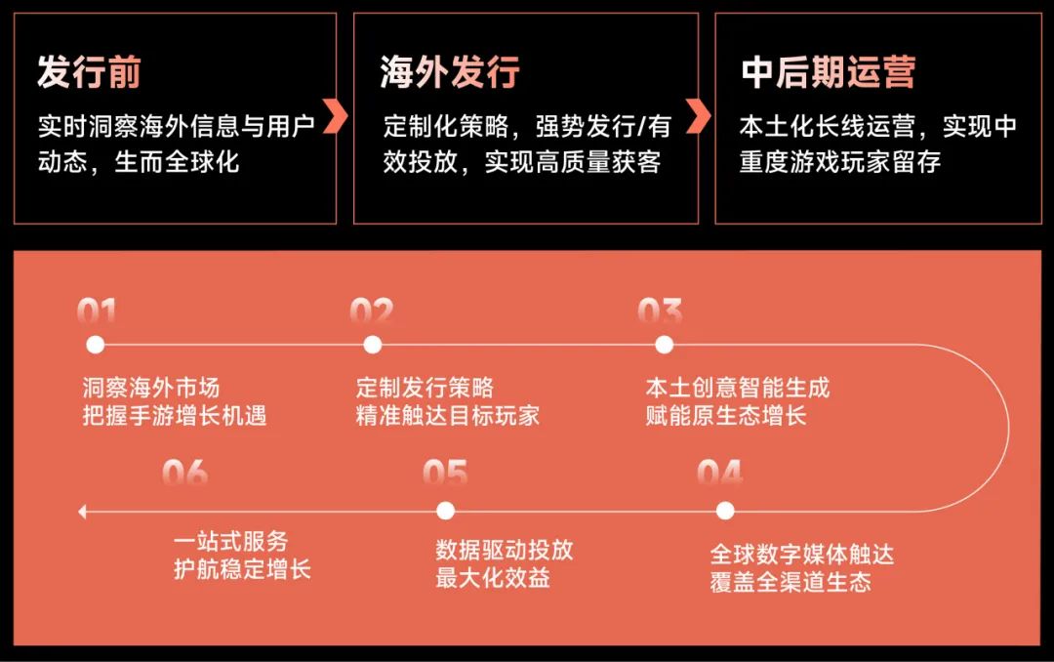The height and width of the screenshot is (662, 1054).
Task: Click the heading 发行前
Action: pos(89,72)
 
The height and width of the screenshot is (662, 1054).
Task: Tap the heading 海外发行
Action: pos(450,72)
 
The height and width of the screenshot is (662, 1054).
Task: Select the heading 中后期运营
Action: pos(829,72)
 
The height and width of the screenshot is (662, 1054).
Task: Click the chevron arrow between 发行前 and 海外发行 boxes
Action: pos(335,116)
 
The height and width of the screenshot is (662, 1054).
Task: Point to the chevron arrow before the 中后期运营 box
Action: pos(699,116)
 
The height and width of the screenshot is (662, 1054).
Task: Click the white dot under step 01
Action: pos(96,345)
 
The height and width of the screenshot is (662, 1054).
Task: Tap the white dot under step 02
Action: pos(373,345)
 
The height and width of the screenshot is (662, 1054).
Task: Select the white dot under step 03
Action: pos(665,345)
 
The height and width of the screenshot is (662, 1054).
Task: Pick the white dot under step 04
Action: pos(725,512)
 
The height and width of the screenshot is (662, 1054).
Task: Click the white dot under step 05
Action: pos(446,512)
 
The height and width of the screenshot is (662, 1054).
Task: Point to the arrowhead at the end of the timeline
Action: pos(82,512)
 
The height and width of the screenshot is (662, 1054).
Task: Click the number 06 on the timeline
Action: pos(184,473)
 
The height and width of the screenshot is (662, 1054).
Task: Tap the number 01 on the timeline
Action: pos(97,311)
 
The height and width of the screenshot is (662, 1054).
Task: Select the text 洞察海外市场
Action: pos(151,388)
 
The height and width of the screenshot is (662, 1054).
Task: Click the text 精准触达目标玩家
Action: pos(448,416)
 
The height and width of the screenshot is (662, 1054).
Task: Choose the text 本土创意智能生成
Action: pos(738,388)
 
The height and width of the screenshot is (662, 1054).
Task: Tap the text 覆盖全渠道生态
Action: pos(790,582)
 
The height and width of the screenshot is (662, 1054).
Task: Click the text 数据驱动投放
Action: pos(505,550)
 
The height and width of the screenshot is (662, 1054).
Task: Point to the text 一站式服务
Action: pos(230,541)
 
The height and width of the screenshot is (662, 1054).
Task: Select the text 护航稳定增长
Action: pos(242,569)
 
